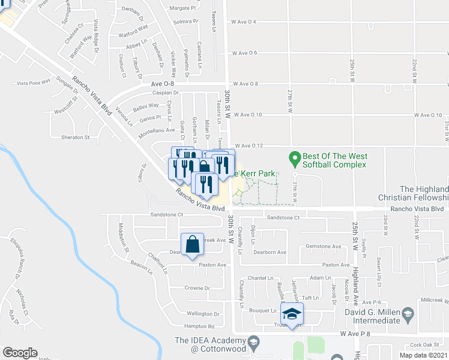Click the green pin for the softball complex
[x=294, y=159]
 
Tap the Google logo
[x=20, y=353]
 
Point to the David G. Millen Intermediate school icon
[x=408, y=313]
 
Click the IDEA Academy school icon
[x=254, y=342]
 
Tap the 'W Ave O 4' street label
[x=244, y=22]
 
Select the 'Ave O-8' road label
[x=163, y=85]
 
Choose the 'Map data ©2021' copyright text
[x=423, y=355]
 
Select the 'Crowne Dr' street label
[x=197, y=288]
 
